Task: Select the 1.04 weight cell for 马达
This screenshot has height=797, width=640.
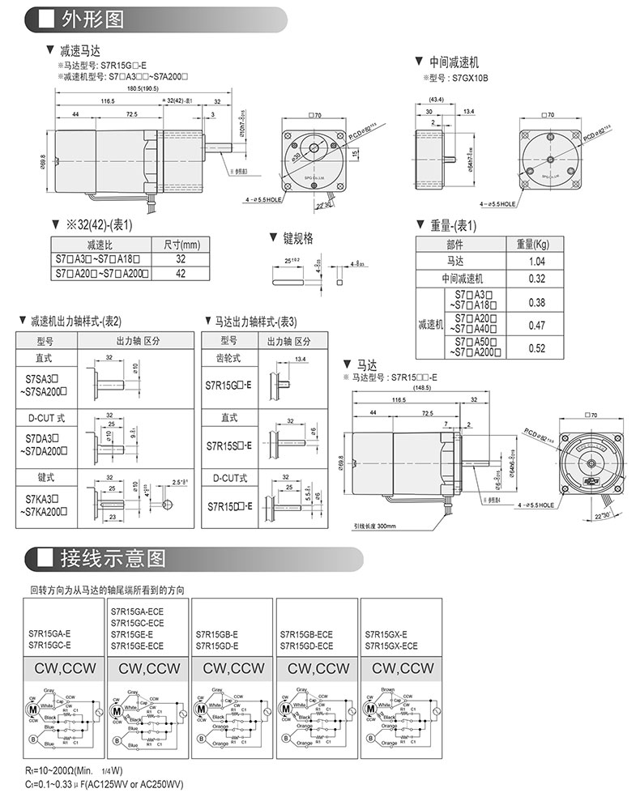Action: pos(535,262)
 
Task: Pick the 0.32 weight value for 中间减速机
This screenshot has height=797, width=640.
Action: pos(535,279)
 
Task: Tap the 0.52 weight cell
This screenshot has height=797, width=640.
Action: pos(535,348)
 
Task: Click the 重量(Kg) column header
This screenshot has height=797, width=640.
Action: pos(535,245)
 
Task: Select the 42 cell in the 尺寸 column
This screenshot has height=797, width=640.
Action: pos(181,274)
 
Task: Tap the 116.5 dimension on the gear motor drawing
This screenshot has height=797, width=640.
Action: pos(108,102)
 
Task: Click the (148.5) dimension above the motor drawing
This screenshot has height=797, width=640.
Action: pos(422,388)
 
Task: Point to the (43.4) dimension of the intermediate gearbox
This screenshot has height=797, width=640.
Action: pos(435,100)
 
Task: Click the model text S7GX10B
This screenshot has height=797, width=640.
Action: pos(471,78)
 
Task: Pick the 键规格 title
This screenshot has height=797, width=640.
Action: pos(297,238)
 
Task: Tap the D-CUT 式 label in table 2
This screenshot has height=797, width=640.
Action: pos(45,419)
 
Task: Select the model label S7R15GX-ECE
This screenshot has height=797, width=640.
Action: pos(392,646)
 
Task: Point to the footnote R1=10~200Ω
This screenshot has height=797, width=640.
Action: pos(49,770)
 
